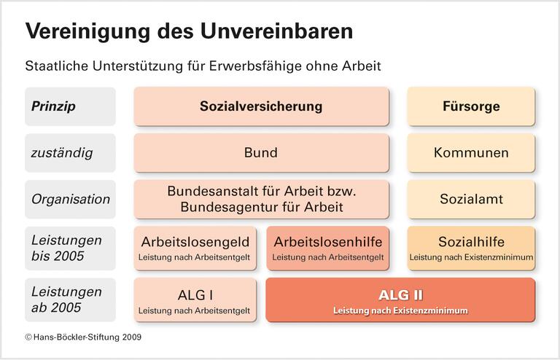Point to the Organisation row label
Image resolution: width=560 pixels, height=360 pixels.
[70, 199]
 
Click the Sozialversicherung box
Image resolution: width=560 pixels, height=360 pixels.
[261, 106]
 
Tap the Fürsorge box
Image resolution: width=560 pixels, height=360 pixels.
[471, 106]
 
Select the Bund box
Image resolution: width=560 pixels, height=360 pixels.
[261, 153]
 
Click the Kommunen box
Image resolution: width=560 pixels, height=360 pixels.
[471, 153]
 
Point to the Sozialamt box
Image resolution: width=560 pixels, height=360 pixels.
[471, 199]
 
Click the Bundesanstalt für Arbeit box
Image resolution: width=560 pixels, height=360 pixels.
[261, 199]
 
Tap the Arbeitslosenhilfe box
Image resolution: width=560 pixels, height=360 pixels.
[327, 248]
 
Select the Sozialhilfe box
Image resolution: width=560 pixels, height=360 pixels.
[471, 248]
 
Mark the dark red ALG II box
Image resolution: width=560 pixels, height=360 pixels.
[400, 300]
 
